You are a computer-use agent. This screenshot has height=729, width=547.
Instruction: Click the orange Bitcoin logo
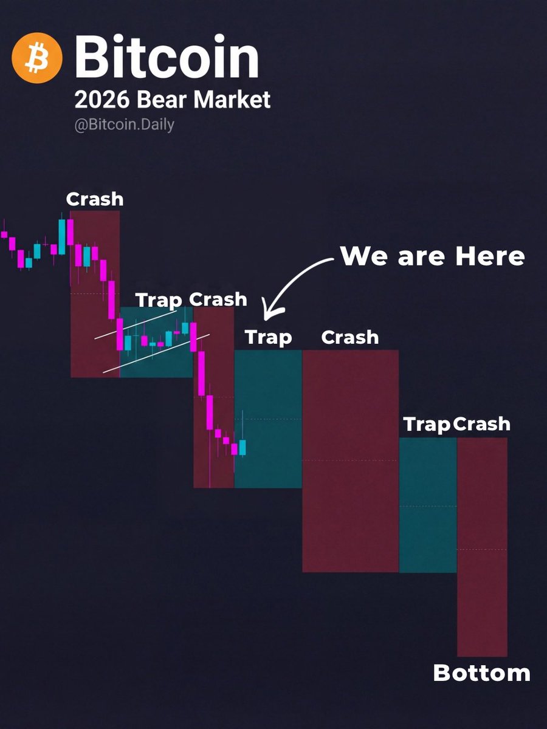click(37, 57)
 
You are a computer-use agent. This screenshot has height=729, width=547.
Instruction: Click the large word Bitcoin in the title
click(167, 57)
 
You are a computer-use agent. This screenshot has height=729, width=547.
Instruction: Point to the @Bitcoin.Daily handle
click(125, 125)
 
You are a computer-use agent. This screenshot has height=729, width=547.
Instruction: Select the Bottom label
click(481, 673)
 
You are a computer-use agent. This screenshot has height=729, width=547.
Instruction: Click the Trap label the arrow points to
click(268, 337)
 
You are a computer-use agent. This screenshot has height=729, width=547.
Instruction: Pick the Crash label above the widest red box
click(349, 337)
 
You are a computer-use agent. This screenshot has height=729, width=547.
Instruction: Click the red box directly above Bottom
click(481, 547)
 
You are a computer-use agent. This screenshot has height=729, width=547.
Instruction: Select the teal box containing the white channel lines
click(156, 358)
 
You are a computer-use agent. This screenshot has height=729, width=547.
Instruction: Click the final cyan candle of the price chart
click(243, 448)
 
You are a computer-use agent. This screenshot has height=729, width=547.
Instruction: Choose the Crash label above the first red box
click(95, 199)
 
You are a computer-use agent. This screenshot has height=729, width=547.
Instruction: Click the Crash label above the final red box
click(481, 424)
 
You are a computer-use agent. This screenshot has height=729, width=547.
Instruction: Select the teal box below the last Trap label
click(427, 504)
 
